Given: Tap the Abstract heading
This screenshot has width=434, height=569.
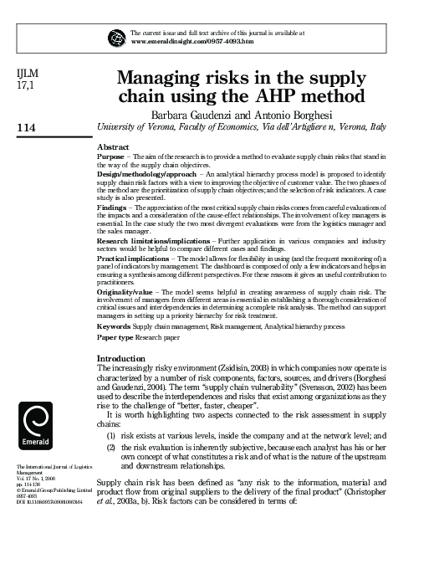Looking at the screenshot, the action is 115,146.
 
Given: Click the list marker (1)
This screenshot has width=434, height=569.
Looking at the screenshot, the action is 110,437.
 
